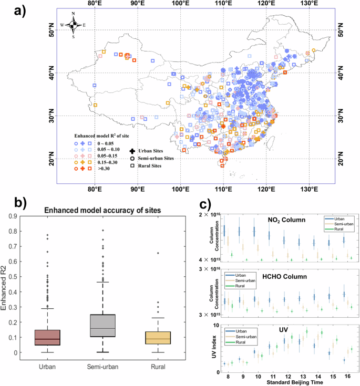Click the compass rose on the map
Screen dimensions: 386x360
pyautogui.click(x=74, y=25)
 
